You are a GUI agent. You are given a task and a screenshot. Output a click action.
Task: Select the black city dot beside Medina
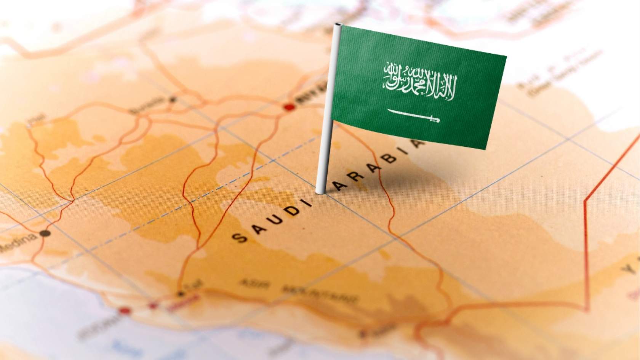click(46, 233)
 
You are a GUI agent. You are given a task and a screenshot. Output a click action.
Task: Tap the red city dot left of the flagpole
click(290, 107)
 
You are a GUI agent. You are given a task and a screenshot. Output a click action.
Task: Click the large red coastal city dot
click(124, 311)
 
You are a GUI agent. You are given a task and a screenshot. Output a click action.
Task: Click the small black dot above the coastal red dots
click(181, 294)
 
